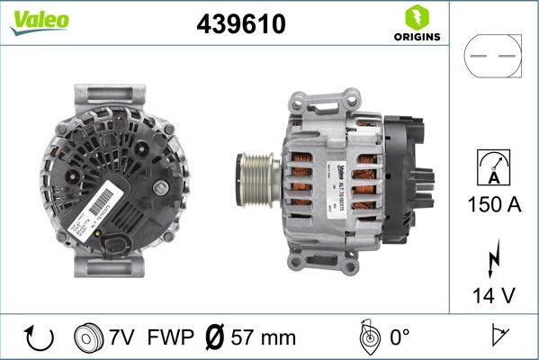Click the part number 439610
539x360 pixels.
point(240,24)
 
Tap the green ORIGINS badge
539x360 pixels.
point(415,24)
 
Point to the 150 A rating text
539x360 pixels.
point(493,204)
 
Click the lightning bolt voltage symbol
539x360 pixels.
point(492,258)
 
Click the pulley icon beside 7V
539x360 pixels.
point(87,337)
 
